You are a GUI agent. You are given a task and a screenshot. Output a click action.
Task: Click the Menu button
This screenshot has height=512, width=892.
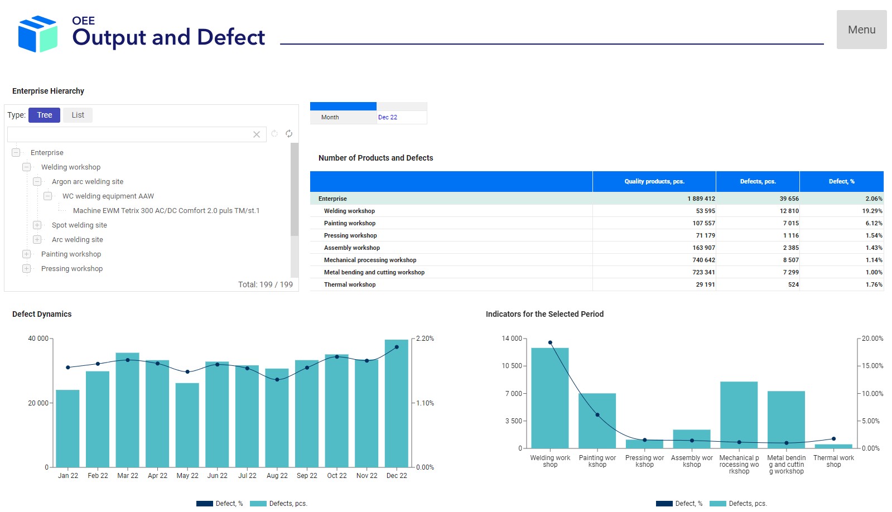click(x=861, y=30)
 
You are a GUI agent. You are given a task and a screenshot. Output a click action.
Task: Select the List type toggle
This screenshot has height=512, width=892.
click(x=78, y=115)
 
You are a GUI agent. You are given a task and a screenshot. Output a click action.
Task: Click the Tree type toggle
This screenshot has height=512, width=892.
click(x=44, y=115)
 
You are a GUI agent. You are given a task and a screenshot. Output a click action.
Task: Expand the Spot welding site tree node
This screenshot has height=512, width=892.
click(x=37, y=225)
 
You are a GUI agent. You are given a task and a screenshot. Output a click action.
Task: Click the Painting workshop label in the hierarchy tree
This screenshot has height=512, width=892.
click(x=71, y=254)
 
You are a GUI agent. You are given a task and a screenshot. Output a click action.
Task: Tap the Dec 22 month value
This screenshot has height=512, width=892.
click(x=388, y=117)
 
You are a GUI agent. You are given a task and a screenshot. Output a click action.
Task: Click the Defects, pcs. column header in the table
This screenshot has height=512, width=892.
click(x=758, y=181)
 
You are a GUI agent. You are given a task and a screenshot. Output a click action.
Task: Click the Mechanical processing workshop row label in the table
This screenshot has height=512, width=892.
click(x=370, y=260)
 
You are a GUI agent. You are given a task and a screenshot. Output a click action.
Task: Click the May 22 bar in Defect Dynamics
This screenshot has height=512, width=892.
click(x=187, y=424)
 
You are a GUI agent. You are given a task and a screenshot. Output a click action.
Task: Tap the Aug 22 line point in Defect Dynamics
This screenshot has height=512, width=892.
click(x=277, y=380)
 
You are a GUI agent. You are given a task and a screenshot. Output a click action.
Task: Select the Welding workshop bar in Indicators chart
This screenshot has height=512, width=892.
click(x=549, y=398)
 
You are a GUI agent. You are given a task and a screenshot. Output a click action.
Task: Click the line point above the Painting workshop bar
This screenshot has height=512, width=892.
click(x=597, y=415)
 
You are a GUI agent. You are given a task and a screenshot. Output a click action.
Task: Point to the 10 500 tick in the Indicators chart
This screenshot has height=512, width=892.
click(x=512, y=366)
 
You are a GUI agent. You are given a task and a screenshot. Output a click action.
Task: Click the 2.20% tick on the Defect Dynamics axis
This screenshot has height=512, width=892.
click(x=425, y=339)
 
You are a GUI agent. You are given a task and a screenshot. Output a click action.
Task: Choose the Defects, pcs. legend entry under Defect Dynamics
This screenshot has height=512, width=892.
click(x=279, y=504)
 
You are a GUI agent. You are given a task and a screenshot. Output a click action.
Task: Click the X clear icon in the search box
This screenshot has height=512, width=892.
click(x=257, y=134)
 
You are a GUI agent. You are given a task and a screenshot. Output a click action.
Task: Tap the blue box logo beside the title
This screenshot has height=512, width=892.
click(x=37, y=34)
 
